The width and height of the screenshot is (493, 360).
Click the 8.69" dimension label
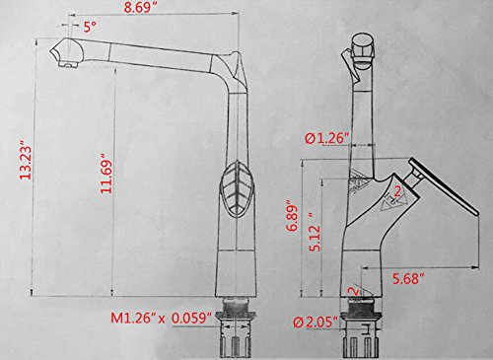[140, 7]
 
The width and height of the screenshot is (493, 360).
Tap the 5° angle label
[90, 27]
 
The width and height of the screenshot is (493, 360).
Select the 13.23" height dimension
[26, 160]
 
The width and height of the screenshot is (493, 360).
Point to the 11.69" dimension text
[106, 173]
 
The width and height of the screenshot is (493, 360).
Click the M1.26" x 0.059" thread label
[161, 318]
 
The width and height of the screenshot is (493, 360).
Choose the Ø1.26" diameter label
[326, 138]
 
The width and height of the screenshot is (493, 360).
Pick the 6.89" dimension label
[292, 216]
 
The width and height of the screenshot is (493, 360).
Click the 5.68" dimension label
[408, 279]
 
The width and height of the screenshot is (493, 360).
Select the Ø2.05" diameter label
[316, 323]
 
